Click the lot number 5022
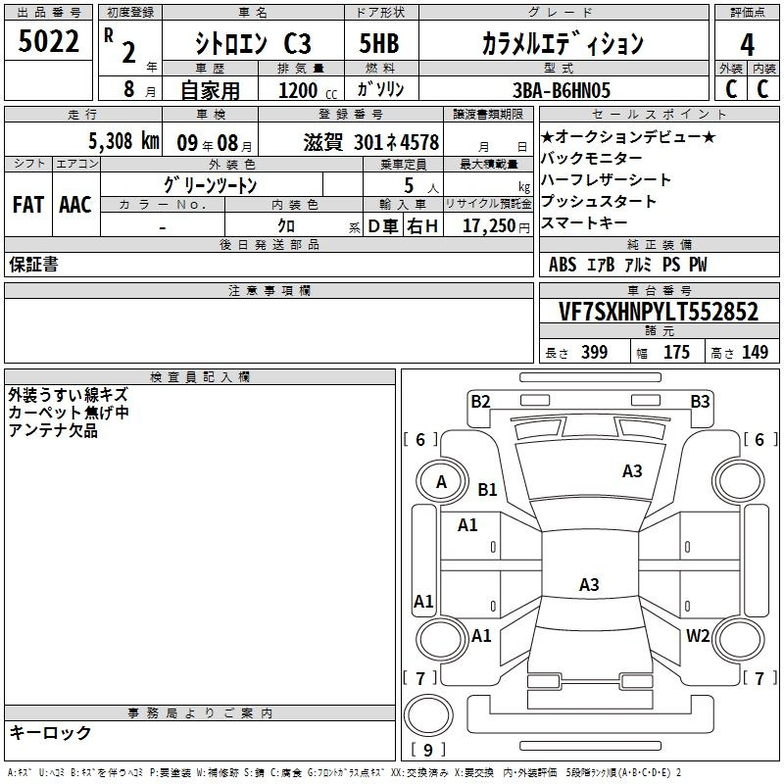click(x=48, y=41)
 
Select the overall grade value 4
click(x=747, y=45)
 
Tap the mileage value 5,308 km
click(x=124, y=141)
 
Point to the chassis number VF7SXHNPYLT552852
click(x=659, y=312)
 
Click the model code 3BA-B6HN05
click(x=562, y=90)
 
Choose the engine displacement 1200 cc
click(x=308, y=90)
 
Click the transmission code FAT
click(x=28, y=205)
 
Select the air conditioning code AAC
click(x=75, y=205)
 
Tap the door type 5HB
click(x=379, y=43)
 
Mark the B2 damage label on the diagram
click(x=480, y=402)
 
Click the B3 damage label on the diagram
click(x=700, y=402)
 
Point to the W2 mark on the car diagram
click(x=698, y=635)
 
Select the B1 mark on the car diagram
click(x=487, y=489)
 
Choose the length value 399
click(x=595, y=352)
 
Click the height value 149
click(x=755, y=352)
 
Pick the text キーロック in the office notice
click(x=50, y=732)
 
